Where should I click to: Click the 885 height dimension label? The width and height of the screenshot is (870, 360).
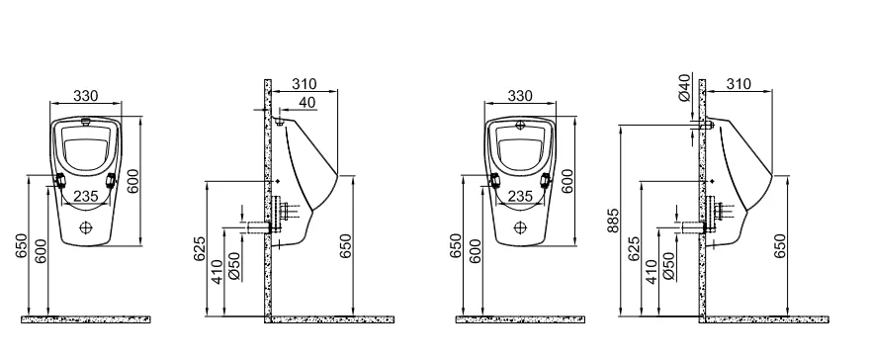pyautogui.click(x=614, y=220)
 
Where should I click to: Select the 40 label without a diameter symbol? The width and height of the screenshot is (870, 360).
pyautogui.click(x=308, y=102)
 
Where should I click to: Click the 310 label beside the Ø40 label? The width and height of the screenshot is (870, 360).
pyautogui.click(x=739, y=84)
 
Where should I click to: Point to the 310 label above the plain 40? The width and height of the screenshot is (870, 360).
pyautogui.click(x=304, y=84)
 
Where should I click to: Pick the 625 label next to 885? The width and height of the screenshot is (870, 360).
pyautogui.click(x=634, y=248)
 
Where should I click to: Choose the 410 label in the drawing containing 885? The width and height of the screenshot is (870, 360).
pyautogui.click(x=652, y=271)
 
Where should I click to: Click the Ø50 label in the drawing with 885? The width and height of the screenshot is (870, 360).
pyautogui.click(x=670, y=266)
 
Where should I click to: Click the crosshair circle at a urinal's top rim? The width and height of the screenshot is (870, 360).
pyautogui.click(x=520, y=125)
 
